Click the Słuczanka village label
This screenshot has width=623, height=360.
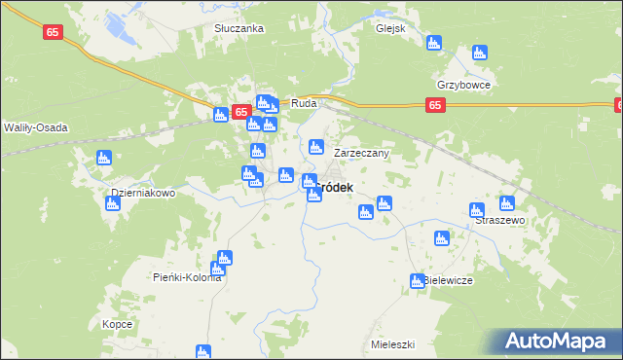pos(239,28)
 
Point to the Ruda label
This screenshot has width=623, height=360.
pos(305,102)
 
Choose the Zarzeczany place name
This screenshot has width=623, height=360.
pos(362,154)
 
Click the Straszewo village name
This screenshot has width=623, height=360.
pos(500,221)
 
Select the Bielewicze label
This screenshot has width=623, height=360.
pos(449,280)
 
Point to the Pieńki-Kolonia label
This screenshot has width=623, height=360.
pos(188,277)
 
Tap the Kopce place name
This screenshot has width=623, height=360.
pos(117,324)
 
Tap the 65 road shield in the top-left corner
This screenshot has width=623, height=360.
pos(55,32)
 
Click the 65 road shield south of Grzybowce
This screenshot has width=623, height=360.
pos(435,105)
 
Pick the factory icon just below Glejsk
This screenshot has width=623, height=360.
pos(433,44)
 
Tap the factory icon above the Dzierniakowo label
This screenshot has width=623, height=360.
pos(104,159)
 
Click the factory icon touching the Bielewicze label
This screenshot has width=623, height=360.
pos(417,281)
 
